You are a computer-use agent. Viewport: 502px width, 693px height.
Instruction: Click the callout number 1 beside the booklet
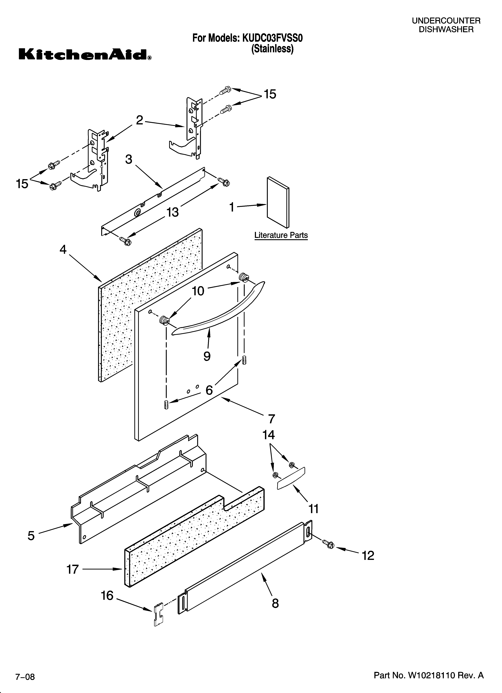[x=232, y=207]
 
